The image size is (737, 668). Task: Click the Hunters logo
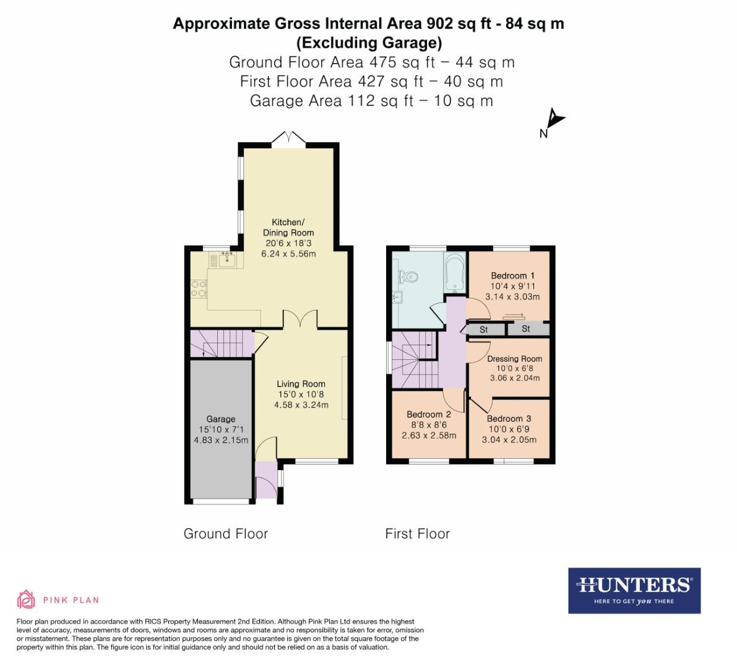[634, 591]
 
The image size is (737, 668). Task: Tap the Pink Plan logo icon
[26, 599]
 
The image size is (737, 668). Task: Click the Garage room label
[220, 419]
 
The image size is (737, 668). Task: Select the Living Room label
[301, 384]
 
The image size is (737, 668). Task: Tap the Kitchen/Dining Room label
[288, 228]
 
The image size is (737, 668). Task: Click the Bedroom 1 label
[512, 276]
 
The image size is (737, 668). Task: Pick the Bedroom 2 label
[429, 414]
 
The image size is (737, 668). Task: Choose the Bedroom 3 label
[509, 419]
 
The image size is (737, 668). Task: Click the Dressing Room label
[514, 358]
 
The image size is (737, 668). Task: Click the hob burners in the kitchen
[199, 288]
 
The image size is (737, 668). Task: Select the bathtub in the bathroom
[455, 273]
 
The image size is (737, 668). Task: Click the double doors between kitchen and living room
[300, 319]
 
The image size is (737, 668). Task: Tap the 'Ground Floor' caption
[226, 534]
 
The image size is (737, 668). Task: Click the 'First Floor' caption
[417, 534]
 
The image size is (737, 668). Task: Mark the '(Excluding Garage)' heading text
[369, 43]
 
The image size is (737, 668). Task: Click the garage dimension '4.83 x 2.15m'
[221, 440]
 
